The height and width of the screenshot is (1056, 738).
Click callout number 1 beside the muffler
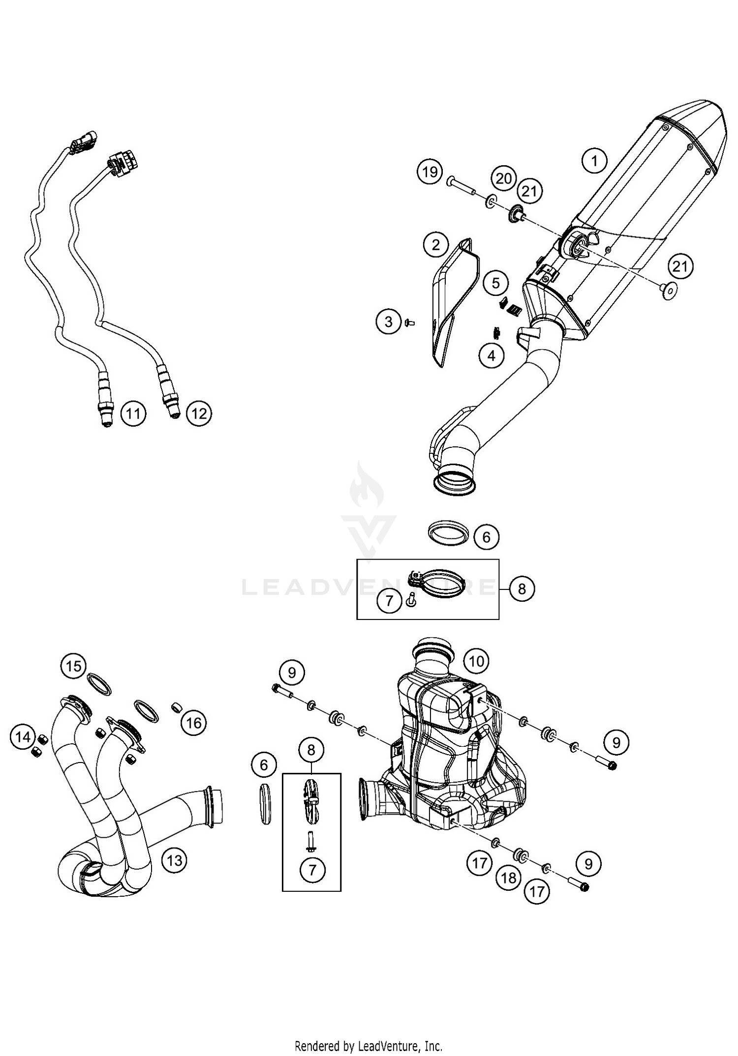[594, 161]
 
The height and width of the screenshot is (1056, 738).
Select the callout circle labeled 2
[436, 245]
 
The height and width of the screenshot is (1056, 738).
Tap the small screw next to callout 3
[409, 323]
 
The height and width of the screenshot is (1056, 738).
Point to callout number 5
[495, 283]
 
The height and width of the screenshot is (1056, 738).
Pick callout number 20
[504, 178]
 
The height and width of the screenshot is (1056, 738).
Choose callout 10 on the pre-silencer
[476, 661]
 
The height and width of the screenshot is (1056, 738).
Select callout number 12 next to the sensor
[199, 413]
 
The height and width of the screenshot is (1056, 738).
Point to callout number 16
[194, 723]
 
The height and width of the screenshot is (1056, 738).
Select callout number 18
[509, 878]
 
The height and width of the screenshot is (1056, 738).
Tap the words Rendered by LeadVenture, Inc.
[369, 1045]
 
